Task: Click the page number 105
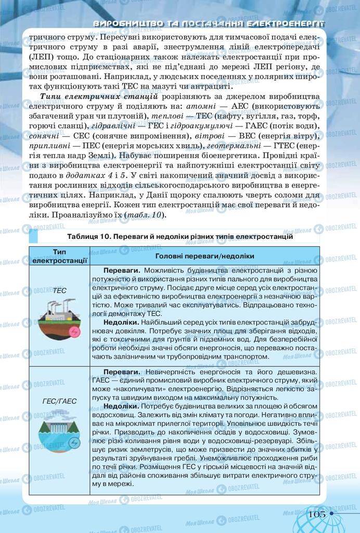coord(316,513)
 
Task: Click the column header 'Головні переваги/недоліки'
coord(204,256)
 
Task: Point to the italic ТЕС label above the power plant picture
coord(60,290)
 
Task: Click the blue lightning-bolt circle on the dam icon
coord(74,442)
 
